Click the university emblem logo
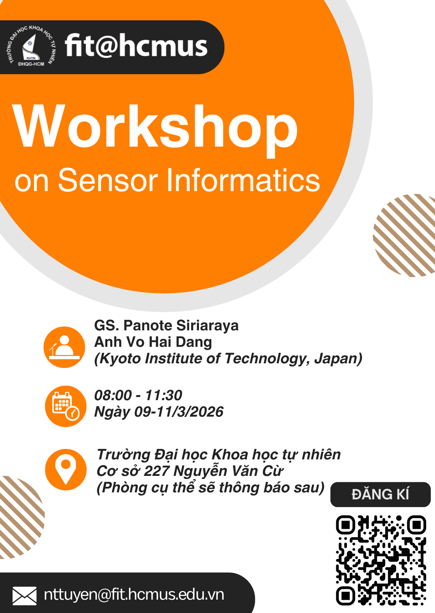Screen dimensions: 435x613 [x=31, y=46]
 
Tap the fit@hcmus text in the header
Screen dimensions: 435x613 [x=136, y=46]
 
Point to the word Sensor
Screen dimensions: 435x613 [x=108, y=180]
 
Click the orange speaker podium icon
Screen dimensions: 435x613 [x=64, y=347]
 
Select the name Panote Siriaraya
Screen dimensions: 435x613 [x=181, y=326]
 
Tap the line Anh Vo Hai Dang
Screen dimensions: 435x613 [x=153, y=342]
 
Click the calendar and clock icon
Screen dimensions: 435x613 [x=66, y=406]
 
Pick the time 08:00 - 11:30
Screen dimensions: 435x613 [x=138, y=395]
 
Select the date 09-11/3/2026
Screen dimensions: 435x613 [x=179, y=412]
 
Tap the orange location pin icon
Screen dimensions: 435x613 [x=66, y=470]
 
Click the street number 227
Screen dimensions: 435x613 [x=157, y=471]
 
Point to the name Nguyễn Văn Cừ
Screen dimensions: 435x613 [x=228, y=471]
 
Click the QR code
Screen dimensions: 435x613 [x=381, y=560]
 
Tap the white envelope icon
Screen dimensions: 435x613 [x=25, y=596]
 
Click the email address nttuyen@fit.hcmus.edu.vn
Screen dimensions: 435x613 [x=134, y=595]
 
